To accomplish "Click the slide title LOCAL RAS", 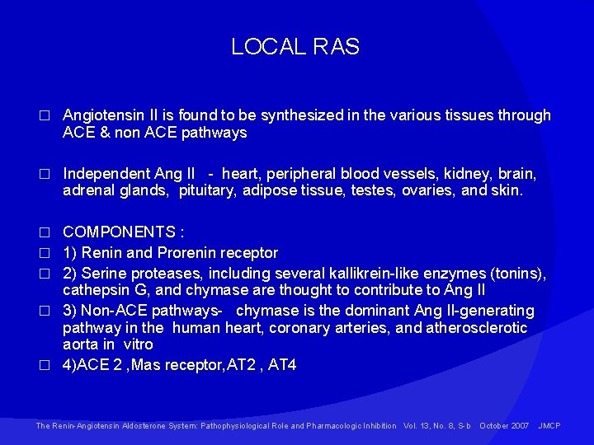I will [x=295, y=47].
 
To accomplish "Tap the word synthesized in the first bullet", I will [x=279, y=115].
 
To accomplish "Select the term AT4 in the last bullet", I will [x=282, y=365].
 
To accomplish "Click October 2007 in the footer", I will [x=504, y=426].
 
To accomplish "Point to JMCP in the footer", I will [x=549, y=426].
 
